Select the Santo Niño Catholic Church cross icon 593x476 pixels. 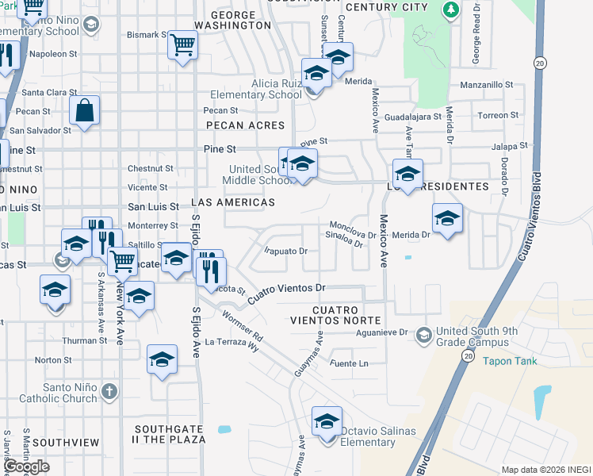click(109, 391)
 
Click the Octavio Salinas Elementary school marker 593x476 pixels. click(326, 421)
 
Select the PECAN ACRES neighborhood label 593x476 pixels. click(245, 125)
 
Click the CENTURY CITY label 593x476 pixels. click(387, 6)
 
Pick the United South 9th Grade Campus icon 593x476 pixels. click(424, 336)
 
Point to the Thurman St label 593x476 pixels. click(84, 340)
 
